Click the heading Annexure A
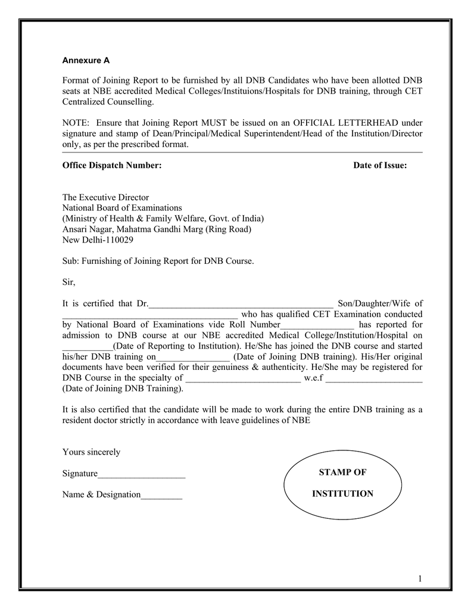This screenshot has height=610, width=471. pos(86,60)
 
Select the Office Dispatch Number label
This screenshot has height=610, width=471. pos(112,165)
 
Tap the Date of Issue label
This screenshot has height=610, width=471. pos(380,165)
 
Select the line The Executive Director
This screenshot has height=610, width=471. pos(105,197)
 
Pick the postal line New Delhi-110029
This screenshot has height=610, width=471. pos(98,240)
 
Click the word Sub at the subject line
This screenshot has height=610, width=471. pos(70,262)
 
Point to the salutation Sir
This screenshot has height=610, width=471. pos(69,282)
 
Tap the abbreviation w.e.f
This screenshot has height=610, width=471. pos(313,378)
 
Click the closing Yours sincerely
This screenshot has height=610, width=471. pos(91,452)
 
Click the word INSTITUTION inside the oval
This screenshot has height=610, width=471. pos(343,494)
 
